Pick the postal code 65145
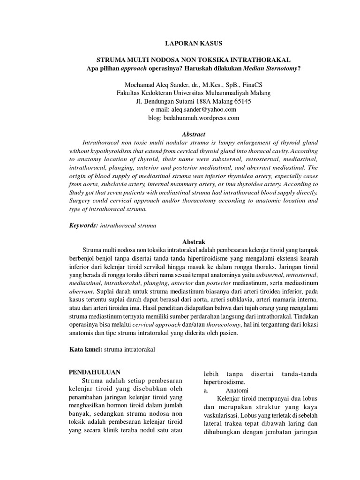click(241, 101)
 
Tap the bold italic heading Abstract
click(193, 134)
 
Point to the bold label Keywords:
click(83, 225)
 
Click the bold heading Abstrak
click(194, 241)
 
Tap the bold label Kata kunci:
click(85, 349)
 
